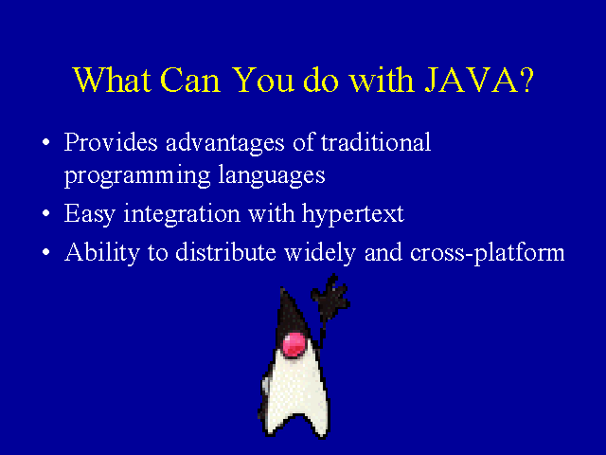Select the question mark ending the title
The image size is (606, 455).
pos(524,81)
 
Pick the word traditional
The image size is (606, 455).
pos(376,143)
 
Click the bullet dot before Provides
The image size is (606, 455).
pos(46,145)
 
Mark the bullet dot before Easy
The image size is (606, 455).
pos(46,216)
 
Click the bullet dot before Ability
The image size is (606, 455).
pos(46,254)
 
